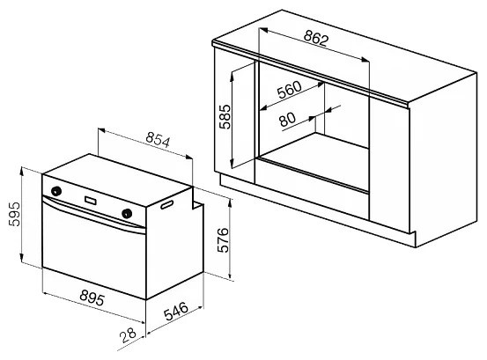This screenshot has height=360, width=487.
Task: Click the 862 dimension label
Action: [315, 39]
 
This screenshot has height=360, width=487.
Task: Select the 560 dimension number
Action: [289, 90]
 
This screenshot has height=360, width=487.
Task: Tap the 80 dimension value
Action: [287, 119]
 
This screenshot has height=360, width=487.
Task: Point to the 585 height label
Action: [225, 117]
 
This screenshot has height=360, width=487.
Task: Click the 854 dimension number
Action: [158, 140]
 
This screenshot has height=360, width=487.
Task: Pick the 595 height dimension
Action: [14, 214]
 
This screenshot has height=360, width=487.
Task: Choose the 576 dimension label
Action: [223, 240]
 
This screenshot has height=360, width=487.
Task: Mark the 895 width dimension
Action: [92, 298]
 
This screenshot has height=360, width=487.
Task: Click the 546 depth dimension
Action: [176, 312]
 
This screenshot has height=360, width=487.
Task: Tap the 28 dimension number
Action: [128, 334]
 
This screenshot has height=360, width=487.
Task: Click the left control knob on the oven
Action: [55, 191]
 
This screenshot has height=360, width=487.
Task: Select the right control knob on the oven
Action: [127, 214]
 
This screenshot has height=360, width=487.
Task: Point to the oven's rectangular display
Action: [90, 200]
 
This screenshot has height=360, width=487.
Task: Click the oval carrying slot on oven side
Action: [166, 204]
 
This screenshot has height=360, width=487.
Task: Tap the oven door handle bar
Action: [93, 215]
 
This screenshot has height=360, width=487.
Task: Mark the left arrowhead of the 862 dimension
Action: [263, 30]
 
